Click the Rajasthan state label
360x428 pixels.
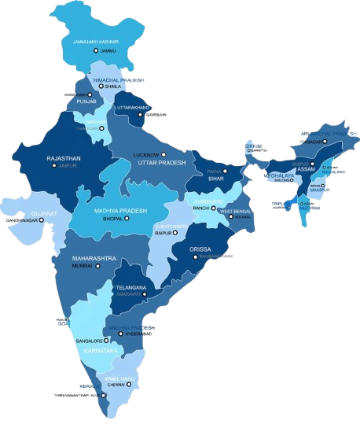[64, 158]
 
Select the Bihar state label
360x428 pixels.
[215, 178]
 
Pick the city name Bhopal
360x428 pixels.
[113, 220]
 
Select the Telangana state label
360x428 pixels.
[131, 287]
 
